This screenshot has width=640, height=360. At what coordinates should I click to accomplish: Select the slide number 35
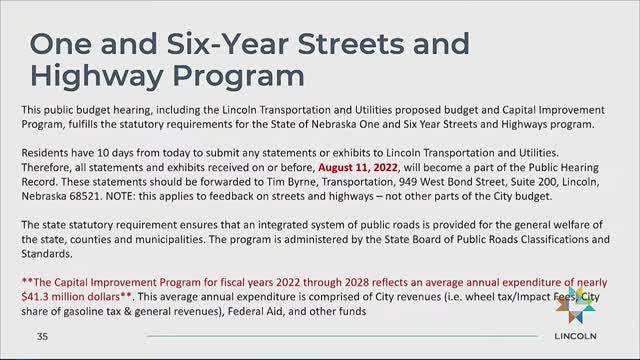pos(42,336)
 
